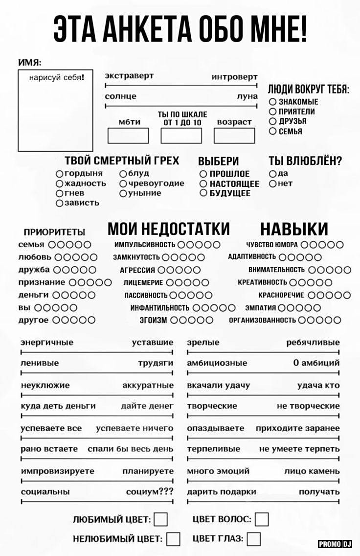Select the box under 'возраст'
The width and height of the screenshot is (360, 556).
[234, 135]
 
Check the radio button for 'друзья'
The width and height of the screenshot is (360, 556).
[272, 121]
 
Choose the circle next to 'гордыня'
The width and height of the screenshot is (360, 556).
[59, 174]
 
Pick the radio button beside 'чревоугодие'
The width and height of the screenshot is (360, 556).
[123, 184]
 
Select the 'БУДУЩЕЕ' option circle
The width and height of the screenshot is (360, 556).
[203, 193]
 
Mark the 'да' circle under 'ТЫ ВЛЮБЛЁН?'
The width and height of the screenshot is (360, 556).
[272, 174]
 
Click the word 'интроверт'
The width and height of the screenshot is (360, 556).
[234, 77]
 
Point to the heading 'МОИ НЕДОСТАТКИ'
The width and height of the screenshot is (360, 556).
[168, 229]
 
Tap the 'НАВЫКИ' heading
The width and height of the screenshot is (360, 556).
[293, 229]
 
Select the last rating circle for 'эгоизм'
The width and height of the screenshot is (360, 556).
[209, 320]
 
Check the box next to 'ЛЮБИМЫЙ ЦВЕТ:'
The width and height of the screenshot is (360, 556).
[161, 519]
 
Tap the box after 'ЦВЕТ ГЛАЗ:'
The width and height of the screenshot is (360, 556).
[253, 539]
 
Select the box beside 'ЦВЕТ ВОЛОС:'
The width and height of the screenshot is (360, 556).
[262, 519]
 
